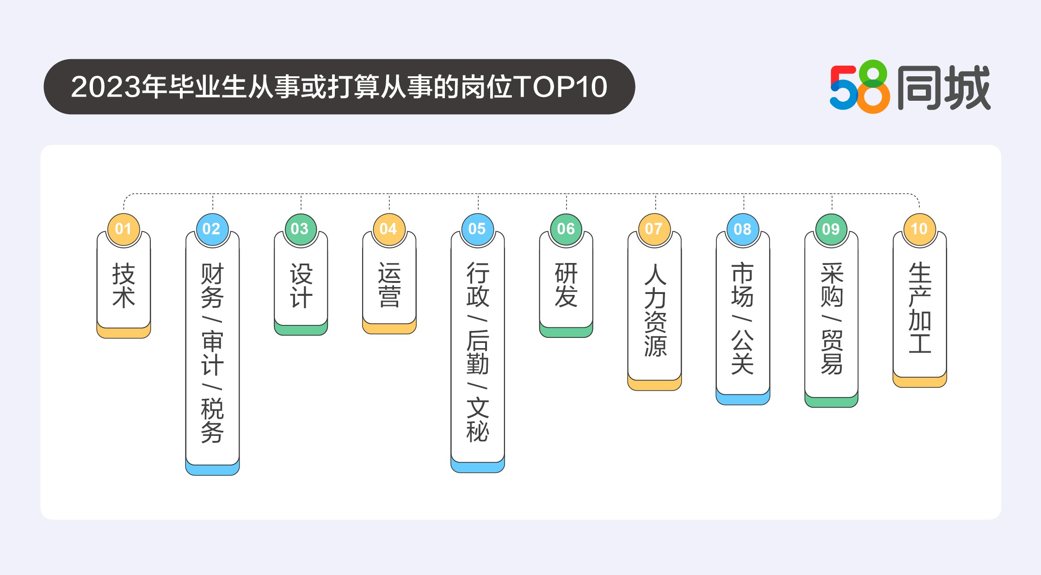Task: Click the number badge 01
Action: click(123, 229)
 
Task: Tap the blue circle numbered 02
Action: click(212, 229)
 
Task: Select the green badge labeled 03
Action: click(301, 229)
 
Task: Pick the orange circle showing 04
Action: click(389, 229)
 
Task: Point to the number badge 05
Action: click(478, 229)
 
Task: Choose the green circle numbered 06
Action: click(566, 229)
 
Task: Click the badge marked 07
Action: click(654, 229)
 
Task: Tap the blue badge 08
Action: click(743, 229)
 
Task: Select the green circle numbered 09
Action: click(832, 229)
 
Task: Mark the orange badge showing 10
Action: click(919, 229)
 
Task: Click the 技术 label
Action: click(123, 286)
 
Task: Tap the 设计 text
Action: click(301, 286)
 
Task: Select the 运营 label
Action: click(389, 285)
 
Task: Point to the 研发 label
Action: click(567, 285)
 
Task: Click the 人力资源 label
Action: click(655, 310)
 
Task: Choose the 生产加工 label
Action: click(920, 308)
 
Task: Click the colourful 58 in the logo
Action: click(860, 87)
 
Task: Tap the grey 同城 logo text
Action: click(944, 87)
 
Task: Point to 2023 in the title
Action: click(106, 86)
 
